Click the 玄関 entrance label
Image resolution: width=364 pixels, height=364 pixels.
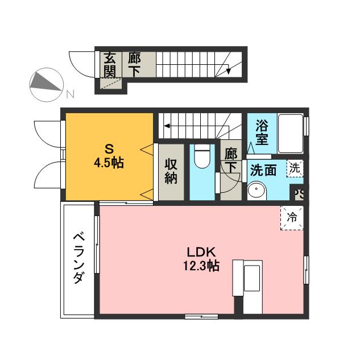pyautogui.click(x=110, y=64)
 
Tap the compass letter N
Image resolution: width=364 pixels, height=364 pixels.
pyautogui.click(x=70, y=94)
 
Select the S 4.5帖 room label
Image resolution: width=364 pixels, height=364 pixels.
pyautogui.click(x=109, y=156)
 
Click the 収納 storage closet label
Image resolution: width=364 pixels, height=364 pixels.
pyautogui.click(x=171, y=171)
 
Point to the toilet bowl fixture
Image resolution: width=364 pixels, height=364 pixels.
pyautogui.click(x=202, y=155)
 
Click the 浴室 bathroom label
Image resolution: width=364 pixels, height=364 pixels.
pyautogui.click(x=262, y=133)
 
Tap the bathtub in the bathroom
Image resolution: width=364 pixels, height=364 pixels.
pyautogui.click(x=291, y=134)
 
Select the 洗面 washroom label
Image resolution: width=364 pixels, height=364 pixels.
pyautogui.click(x=263, y=170)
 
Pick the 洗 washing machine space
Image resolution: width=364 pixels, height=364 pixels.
pyautogui.click(x=295, y=168)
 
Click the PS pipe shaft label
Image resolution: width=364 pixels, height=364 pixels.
pyautogui.click(x=299, y=195)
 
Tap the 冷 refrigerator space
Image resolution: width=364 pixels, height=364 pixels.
pyautogui.click(x=292, y=218)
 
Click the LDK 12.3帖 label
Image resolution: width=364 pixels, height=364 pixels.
pyautogui.click(x=201, y=259)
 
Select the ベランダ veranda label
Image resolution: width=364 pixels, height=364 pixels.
pyautogui.click(x=78, y=258)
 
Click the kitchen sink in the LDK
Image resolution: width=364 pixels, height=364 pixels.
pyautogui.click(x=251, y=278)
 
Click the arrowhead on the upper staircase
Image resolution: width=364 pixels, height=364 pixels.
pyautogui.click(x=229, y=71)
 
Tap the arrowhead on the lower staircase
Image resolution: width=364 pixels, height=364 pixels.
pyautogui.click(x=167, y=126)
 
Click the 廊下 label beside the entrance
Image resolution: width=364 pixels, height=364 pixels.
pyautogui.click(x=134, y=64)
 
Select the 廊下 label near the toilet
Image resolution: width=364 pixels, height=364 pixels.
pyautogui.click(x=231, y=160)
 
